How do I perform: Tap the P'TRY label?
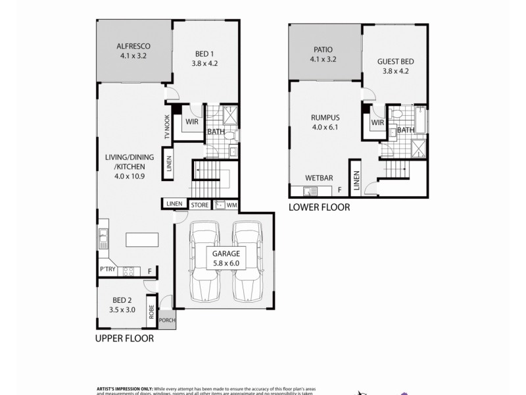[107, 270]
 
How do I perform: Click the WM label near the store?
[231, 205]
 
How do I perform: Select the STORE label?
[200, 205]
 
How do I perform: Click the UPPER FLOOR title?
[124, 340]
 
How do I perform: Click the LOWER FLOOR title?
[320, 207]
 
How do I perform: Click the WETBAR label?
[318, 178]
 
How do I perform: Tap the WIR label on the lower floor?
[377, 123]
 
